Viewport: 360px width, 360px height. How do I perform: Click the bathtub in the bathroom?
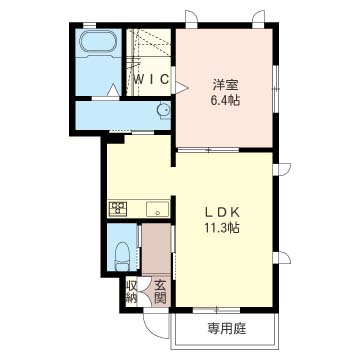[x=98, y=41]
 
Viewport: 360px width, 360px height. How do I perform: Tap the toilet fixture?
[x=122, y=256]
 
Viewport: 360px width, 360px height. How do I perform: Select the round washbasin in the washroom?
[x=163, y=109]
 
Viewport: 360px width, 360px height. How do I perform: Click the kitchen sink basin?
[x=158, y=209]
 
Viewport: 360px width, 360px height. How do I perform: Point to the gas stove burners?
[x=117, y=209]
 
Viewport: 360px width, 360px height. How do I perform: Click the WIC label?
[x=151, y=79]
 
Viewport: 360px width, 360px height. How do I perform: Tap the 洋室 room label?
[x=226, y=85]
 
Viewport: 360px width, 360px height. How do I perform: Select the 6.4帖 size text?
[x=225, y=100]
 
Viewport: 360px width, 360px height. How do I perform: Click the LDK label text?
[x=222, y=212]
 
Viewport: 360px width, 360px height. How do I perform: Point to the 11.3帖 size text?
[x=222, y=228]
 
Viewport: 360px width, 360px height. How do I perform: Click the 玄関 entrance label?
[x=160, y=292]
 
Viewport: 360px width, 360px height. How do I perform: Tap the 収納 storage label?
[x=131, y=292]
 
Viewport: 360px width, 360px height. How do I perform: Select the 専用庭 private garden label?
[x=227, y=329]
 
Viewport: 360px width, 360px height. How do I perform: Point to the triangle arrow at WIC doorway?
[x=182, y=87]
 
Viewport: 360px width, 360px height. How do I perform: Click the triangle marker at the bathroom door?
[x=114, y=91]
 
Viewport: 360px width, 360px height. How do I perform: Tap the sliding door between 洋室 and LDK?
[x=208, y=149]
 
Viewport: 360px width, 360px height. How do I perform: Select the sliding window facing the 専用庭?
[x=217, y=310]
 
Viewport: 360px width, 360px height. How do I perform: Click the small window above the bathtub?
[x=89, y=25]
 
